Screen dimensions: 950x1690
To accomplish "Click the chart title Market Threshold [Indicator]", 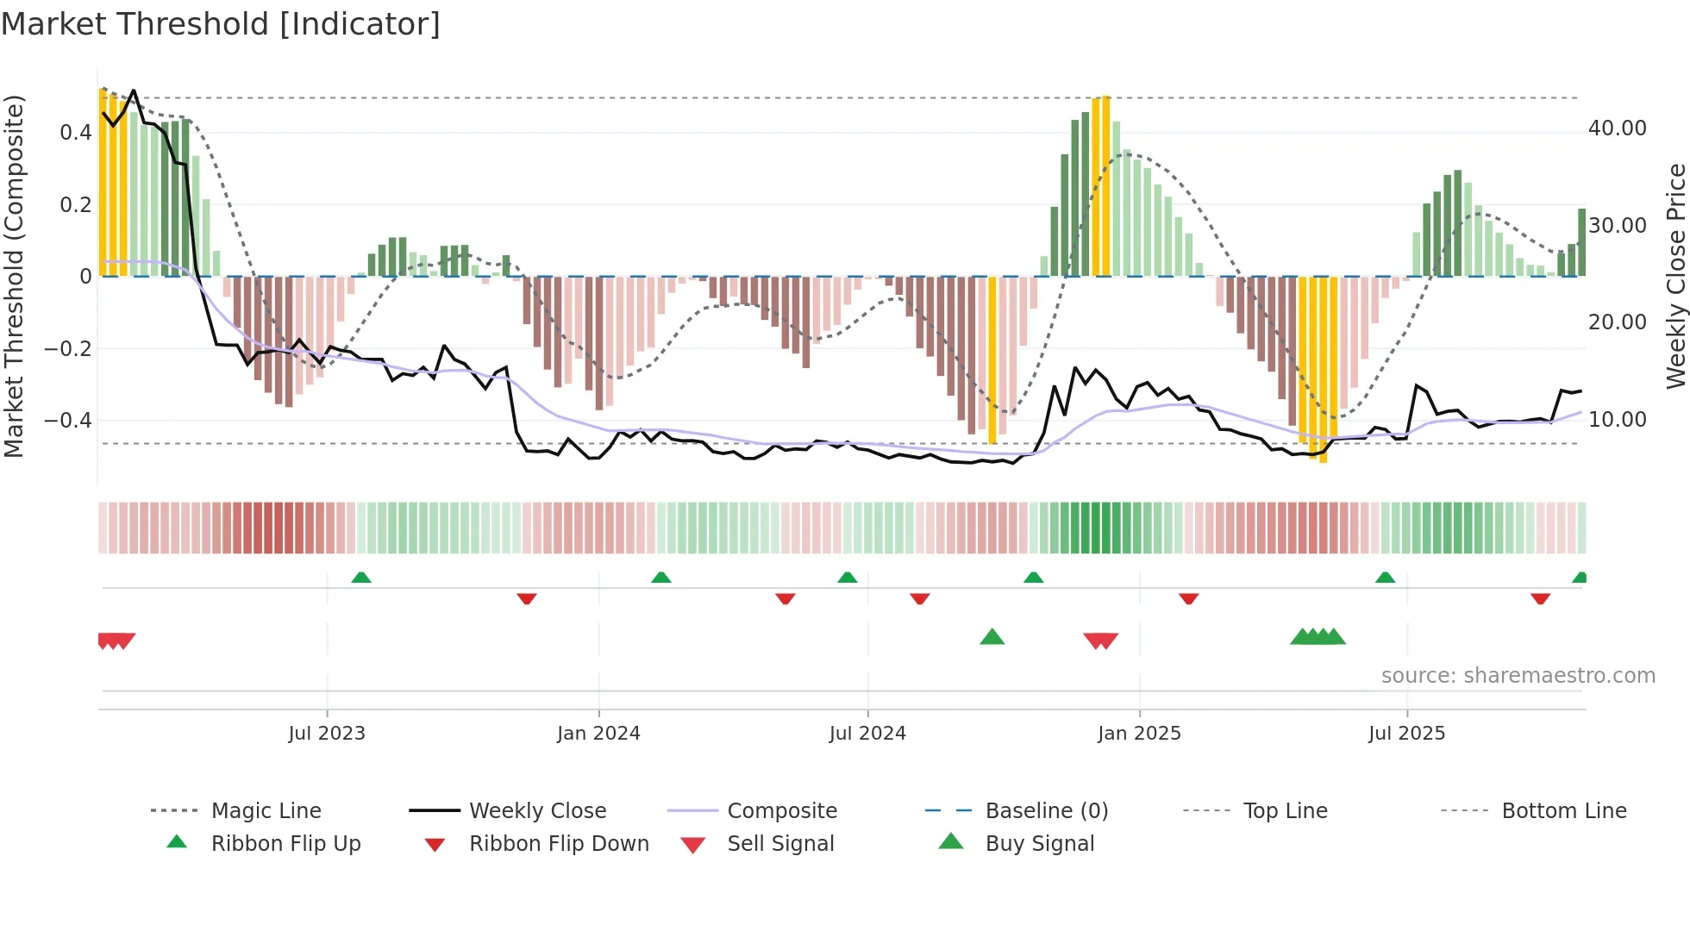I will pos(221,24).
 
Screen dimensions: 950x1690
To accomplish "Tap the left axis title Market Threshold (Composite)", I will pos(14,276).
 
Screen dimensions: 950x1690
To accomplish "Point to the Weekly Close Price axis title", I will pos(1675,276).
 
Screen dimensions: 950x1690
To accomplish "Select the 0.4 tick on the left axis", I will pos(75,132).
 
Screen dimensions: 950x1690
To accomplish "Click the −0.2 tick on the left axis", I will pos(68,348).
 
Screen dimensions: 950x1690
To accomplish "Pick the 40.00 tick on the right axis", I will pos(1617,128).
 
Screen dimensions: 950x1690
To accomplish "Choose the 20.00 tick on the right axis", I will pos(1617,322).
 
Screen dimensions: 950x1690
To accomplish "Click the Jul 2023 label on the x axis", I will pos(327,734).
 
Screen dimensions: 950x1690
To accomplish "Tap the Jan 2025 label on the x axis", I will pos(1139,734).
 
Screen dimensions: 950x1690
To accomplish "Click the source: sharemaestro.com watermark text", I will pos(1518,676).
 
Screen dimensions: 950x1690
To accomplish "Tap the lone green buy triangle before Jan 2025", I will pos(992,637).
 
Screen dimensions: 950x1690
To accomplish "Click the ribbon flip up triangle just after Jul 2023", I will pos(361,578).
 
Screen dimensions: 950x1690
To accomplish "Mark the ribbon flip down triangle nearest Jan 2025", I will pos(1188,598).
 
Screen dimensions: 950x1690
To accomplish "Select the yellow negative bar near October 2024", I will pos(992,362).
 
